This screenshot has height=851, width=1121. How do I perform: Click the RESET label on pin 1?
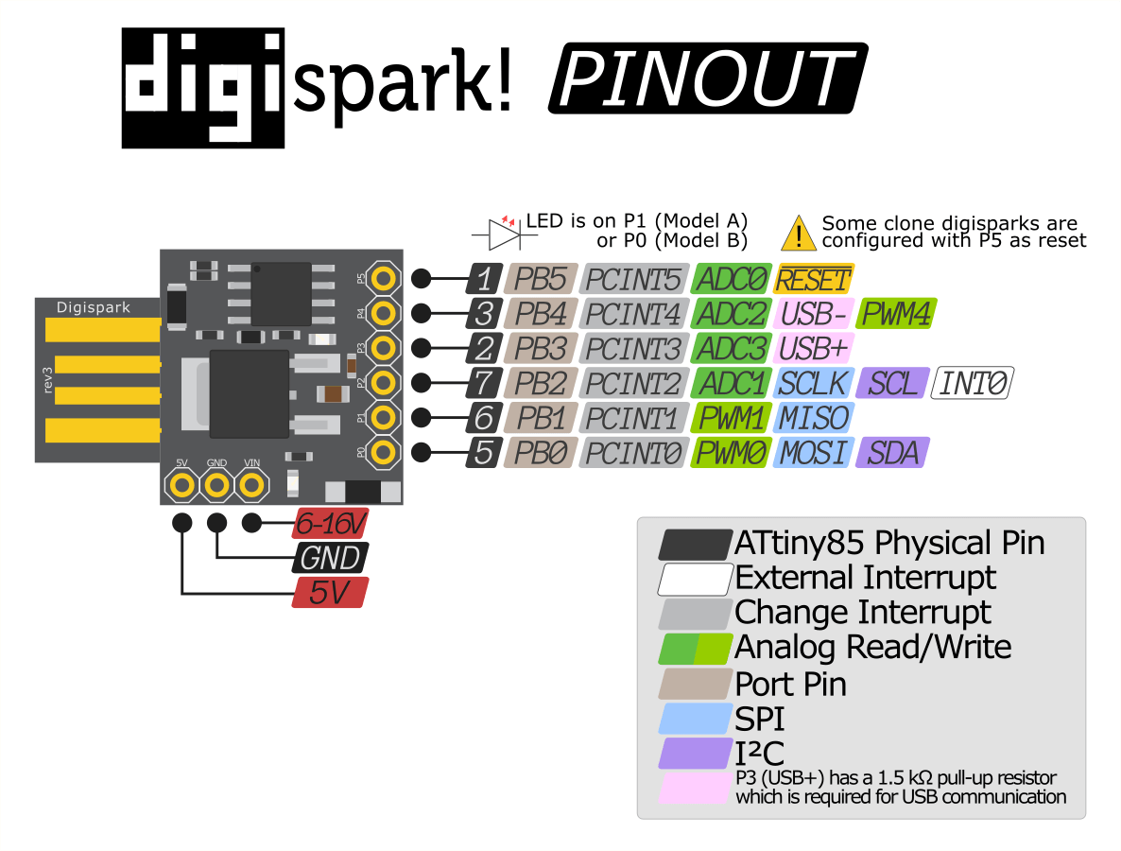point(814,279)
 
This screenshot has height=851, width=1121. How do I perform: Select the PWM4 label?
point(897,314)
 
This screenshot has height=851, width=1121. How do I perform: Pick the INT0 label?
point(974,383)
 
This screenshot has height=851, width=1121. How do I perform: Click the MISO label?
point(812,418)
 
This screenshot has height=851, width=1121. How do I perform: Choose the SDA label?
point(892,453)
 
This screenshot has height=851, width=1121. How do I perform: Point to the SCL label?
point(892,383)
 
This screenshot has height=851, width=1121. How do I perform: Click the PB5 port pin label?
point(542,279)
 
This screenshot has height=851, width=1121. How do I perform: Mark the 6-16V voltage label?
point(328,523)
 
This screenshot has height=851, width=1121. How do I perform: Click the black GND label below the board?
point(330,558)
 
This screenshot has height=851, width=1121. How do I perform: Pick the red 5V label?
point(328,593)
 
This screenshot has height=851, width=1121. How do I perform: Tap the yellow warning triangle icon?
point(800,232)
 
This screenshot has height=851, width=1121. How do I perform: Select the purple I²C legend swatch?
point(697,755)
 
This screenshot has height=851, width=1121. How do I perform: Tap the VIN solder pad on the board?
point(251,486)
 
